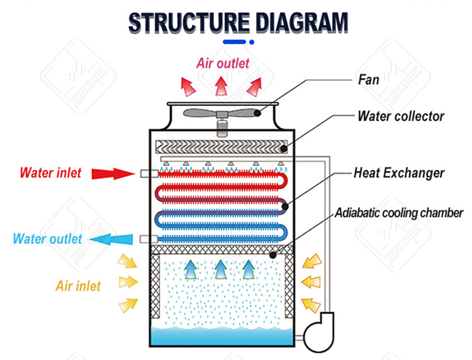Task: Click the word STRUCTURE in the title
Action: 184,23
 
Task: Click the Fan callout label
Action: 368,79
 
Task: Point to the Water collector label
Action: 400,116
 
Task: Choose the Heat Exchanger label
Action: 399,173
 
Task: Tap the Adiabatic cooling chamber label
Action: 399,213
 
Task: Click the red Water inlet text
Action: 51,173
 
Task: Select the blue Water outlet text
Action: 47,239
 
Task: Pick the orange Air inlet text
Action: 78,286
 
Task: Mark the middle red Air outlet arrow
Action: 221,86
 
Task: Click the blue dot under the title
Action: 252,42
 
